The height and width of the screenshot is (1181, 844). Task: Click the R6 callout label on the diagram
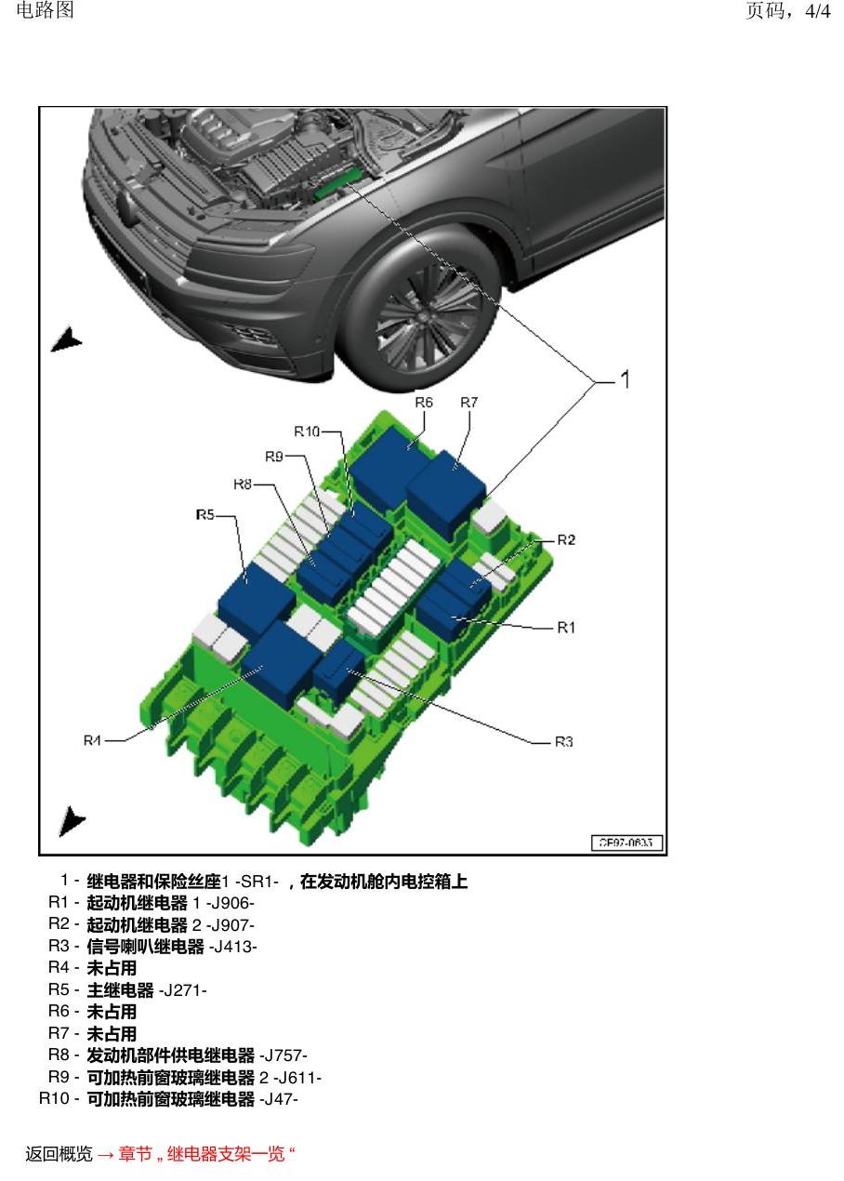pyautogui.click(x=424, y=403)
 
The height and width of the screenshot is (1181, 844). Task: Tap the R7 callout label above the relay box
pyautogui.click(x=468, y=403)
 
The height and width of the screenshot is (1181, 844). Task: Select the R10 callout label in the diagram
pyautogui.click(x=307, y=431)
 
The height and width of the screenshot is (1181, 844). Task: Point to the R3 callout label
pyautogui.click(x=563, y=742)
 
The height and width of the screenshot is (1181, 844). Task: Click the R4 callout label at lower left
pyautogui.click(x=92, y=740)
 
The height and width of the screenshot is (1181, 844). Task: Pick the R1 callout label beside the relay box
pyautogui.click(x=566, y=628)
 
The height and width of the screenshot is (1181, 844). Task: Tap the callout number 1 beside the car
pyautogui.click(x=625, y=379)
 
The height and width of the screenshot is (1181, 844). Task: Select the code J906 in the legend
pyautogui.click(x=230, y=903)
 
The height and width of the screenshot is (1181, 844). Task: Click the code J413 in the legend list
pyautogui.click(x=233, y=947)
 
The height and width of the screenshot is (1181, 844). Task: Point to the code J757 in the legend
pyautogui.click(x=284, y=1055)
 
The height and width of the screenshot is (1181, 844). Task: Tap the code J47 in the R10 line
pyautogui.click(x=279, y=1099)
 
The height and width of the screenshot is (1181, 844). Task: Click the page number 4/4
pyautogui.click(x=818, y=11)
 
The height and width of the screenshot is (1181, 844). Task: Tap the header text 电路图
pyautogui.click(x=45, y=10)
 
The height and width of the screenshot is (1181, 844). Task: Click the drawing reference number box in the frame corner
pyautogui.click(x=626, y=843)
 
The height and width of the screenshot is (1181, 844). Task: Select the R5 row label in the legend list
pyautogui.click(x=59, y=989)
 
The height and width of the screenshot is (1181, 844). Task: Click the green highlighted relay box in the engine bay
pyautogui.click(x=336, y=182)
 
